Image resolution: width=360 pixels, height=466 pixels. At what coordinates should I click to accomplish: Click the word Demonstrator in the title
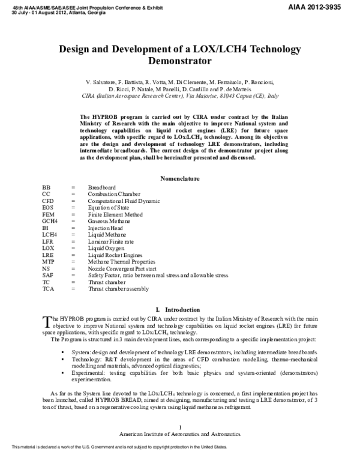pos(179,61)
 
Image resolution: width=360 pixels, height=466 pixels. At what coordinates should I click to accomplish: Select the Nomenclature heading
pos(180,178)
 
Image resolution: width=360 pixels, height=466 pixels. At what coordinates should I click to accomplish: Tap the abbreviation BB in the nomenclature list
pos(47,187)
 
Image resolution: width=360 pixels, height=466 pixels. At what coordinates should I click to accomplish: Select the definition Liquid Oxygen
pos(106,248)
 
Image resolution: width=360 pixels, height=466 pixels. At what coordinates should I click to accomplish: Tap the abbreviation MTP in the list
pos(49,262)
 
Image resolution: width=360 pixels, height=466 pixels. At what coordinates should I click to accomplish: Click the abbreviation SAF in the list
pos(48,275)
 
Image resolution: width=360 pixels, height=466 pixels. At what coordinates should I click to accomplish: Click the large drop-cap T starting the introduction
pos(46,322)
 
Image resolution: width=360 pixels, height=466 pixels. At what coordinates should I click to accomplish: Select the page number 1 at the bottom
pos(180,426)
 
